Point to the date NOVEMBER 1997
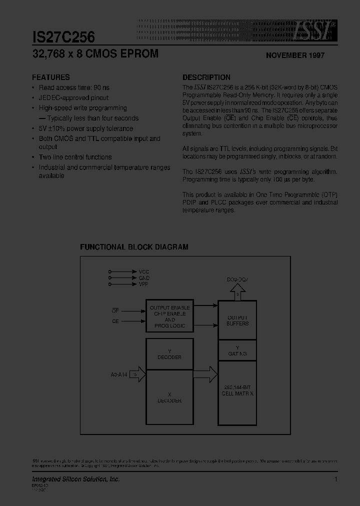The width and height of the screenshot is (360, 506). (x=294, y=55)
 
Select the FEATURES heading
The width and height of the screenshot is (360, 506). (x=51, y=77)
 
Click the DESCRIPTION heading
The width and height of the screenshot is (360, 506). (x=206, y=77)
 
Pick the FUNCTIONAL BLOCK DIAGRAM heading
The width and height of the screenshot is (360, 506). (x=134, y=247)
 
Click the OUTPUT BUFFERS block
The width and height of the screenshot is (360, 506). (x=237, y=320)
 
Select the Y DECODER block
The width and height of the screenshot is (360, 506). (x=169, y=354)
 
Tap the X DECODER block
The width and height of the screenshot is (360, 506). (x=169, y=397)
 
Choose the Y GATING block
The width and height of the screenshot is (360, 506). (x=237, y=350)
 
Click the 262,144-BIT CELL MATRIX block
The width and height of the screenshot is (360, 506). (x=237, y=390)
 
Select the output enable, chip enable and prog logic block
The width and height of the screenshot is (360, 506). (x=169, y=316)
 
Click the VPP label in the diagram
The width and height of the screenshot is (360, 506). (x=144, y=284)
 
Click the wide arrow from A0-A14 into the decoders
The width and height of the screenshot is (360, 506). (x=138, y=374)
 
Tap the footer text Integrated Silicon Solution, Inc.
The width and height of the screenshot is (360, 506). (x=76, y=479)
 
